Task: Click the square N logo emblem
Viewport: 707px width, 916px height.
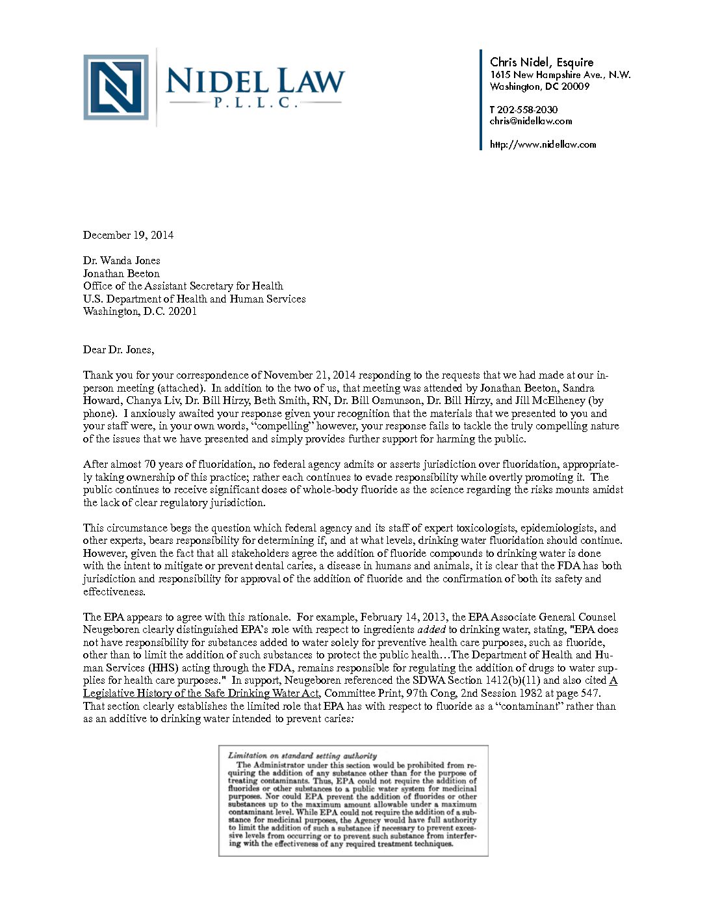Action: (x=116, y=87)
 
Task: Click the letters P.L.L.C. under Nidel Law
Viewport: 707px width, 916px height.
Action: (x=255, y=103)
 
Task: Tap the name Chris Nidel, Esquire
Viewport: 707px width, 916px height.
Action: (x=541, y=62)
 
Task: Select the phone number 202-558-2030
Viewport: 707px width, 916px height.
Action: (x=527, y=109)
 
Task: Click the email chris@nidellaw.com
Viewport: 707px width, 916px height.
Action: (x=530, y=120)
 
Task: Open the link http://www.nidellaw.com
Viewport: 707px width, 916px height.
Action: (x=543, y=144)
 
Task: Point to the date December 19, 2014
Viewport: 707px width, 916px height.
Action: (x=128, y=235)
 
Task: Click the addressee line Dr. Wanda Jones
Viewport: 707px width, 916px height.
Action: (x=122, y=260)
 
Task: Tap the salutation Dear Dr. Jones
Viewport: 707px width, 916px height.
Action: (x=118, y=349)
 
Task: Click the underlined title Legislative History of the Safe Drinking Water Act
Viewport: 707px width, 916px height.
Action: (x=201, y=693)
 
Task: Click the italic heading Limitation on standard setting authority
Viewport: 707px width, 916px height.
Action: (x=302, y=756)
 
